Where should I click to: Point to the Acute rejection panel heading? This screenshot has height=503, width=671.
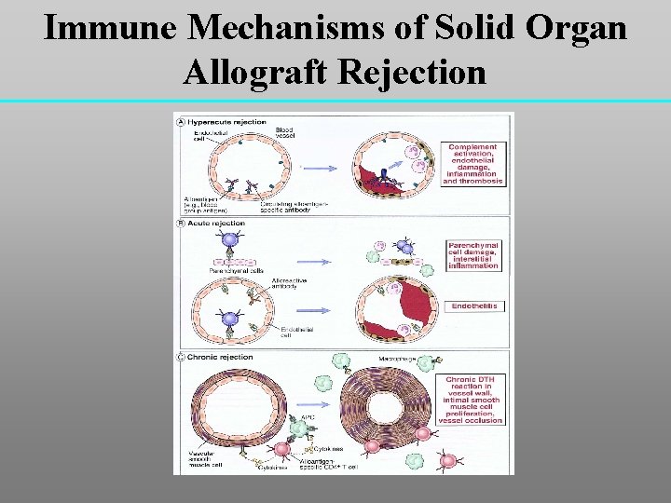(x=216, y=224)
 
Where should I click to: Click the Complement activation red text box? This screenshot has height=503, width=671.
(x=472, y=164)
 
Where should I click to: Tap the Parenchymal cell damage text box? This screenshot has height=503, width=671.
(x=472, y=254)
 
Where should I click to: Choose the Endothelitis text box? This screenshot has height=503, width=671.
(x=472, y=306)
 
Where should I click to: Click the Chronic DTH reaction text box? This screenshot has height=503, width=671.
(x=472, y=400)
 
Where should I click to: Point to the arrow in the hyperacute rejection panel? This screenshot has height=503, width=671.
(x=321, y=167)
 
